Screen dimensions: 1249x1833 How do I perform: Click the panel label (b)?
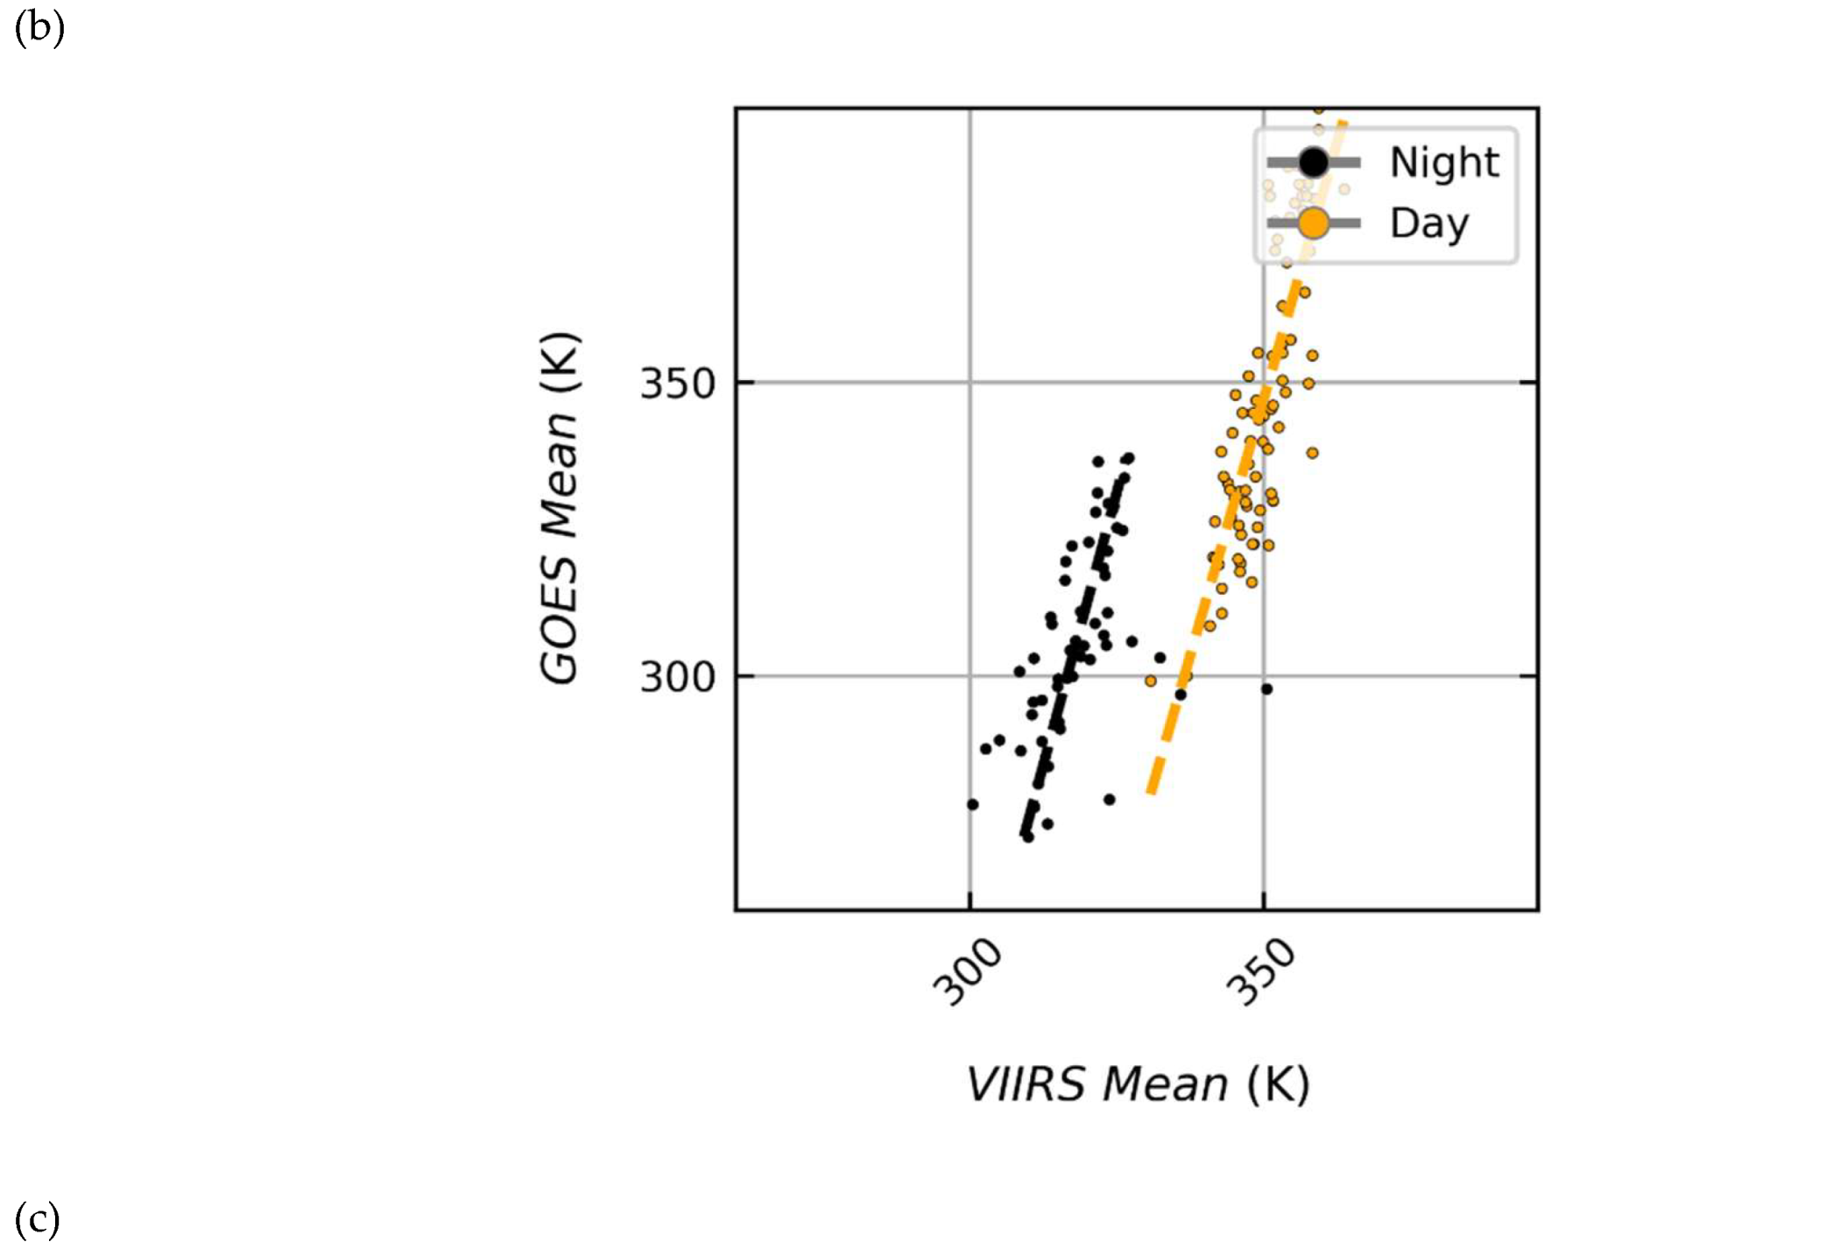[x=39, y=28]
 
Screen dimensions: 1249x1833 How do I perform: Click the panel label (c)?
[x=38, y=1219]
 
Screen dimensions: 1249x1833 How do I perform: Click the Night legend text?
[x=1443, y=163]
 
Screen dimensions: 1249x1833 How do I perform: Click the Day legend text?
[x=1428, y=223]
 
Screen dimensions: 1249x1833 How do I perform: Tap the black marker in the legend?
[x=1313, y=162]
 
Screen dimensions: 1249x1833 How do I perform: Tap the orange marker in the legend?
[x=1313, y=223]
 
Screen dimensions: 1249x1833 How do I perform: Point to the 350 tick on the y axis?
[x=678, y=384]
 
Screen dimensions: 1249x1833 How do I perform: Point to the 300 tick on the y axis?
[x=678, y=677]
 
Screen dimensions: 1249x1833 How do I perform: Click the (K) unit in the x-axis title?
[x=1279, y=1084]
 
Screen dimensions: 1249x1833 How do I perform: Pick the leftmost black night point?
[x=972, y=804]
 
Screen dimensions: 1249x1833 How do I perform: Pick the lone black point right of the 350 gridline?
[x=1266, y=689]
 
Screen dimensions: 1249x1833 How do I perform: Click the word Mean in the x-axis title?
[x=1165, y=1084]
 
